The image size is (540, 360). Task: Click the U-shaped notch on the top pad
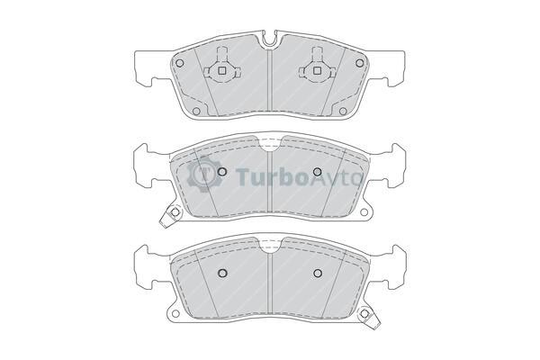[269, 39]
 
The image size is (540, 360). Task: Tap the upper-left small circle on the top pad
[179, 63]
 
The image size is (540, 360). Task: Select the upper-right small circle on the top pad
[359, 63]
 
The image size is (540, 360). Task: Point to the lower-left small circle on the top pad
[196, 111]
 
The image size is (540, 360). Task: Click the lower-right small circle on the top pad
[343, 111]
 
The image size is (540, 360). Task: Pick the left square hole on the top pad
[222, 70]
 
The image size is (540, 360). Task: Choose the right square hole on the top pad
[317, 70]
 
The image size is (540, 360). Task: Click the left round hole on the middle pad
[222, 171]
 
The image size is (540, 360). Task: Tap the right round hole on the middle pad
[317, 171]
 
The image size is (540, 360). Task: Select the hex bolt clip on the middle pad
[172, 216]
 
